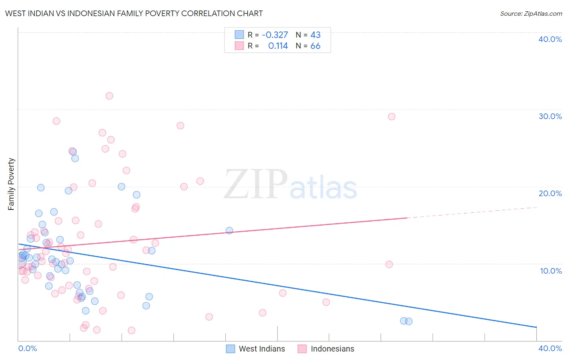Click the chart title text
pyautogui.click(x=133, y=13)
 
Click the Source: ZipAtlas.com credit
pyautogui.click(x=531, y=13)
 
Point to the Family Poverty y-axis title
pyautogui.click(x=11, y=184)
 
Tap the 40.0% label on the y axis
pyautogui.click(x=550, y=39)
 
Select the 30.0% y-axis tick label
pyautogui.click(x=550, y=116)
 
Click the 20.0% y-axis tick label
pyautogui.click(x=550, y=193)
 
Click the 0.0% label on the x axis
pyautogui.click(x=27, y=348)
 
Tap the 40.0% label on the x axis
pyautogui.click(x=550, y=348)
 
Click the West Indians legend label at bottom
pyautogui.click(x=262, y=349)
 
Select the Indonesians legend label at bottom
pyautogui.click(x=332, y=349)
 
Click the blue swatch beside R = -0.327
pyautogui.click(x=239, y=35)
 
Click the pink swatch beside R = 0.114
pyautogui.click(x=239, y=46)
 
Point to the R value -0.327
pyautogui.click(x=275, y=35)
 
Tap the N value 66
pyautogui.click(x=315, y=46)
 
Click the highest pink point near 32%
pyautogui.click(x=109, y=96)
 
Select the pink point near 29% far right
pyautogui.click(x=391, y=117)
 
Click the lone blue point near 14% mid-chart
pyautogui.click(x=229, y=230)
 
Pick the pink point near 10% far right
pyautogui.click(x=389, y=264)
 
